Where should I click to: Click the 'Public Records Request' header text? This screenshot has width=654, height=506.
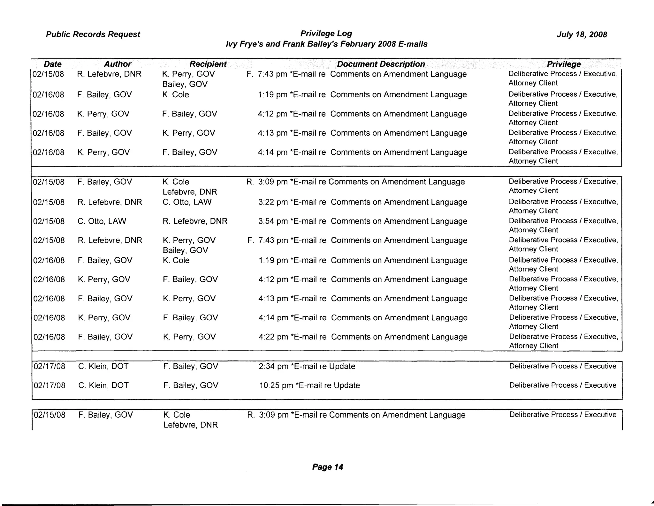[93, 34]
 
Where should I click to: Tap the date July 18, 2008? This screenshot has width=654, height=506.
[582, 34]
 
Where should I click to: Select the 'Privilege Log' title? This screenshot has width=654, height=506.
[326, 33]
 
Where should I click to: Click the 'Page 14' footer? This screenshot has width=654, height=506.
[327, 467]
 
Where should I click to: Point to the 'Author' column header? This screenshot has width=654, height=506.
[118, 64]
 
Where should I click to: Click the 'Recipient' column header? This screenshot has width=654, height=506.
[208, 64]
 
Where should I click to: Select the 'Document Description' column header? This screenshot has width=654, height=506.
[381, 64]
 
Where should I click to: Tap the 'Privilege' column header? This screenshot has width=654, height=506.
[564, 64]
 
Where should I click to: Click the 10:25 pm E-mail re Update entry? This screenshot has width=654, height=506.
[309, 385]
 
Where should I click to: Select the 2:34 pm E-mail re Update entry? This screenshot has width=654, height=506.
[307, 366]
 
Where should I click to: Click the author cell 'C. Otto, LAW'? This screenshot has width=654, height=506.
[102, 221]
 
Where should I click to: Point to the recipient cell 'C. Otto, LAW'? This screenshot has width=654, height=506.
[187, 202]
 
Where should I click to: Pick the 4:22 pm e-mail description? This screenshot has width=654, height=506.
[363, 337]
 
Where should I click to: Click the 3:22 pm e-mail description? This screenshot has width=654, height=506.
[363, 202]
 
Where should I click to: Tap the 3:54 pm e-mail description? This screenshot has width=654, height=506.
[363, 221]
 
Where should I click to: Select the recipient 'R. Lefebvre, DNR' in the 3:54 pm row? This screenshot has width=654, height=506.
[195, 221]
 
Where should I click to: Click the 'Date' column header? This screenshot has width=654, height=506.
[53, 64]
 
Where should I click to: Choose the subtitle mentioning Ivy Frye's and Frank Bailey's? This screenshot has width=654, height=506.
[326, 44]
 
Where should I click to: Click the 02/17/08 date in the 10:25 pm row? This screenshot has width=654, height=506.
[49, 385]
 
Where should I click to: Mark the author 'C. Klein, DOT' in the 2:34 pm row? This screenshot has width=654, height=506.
[103, 366]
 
